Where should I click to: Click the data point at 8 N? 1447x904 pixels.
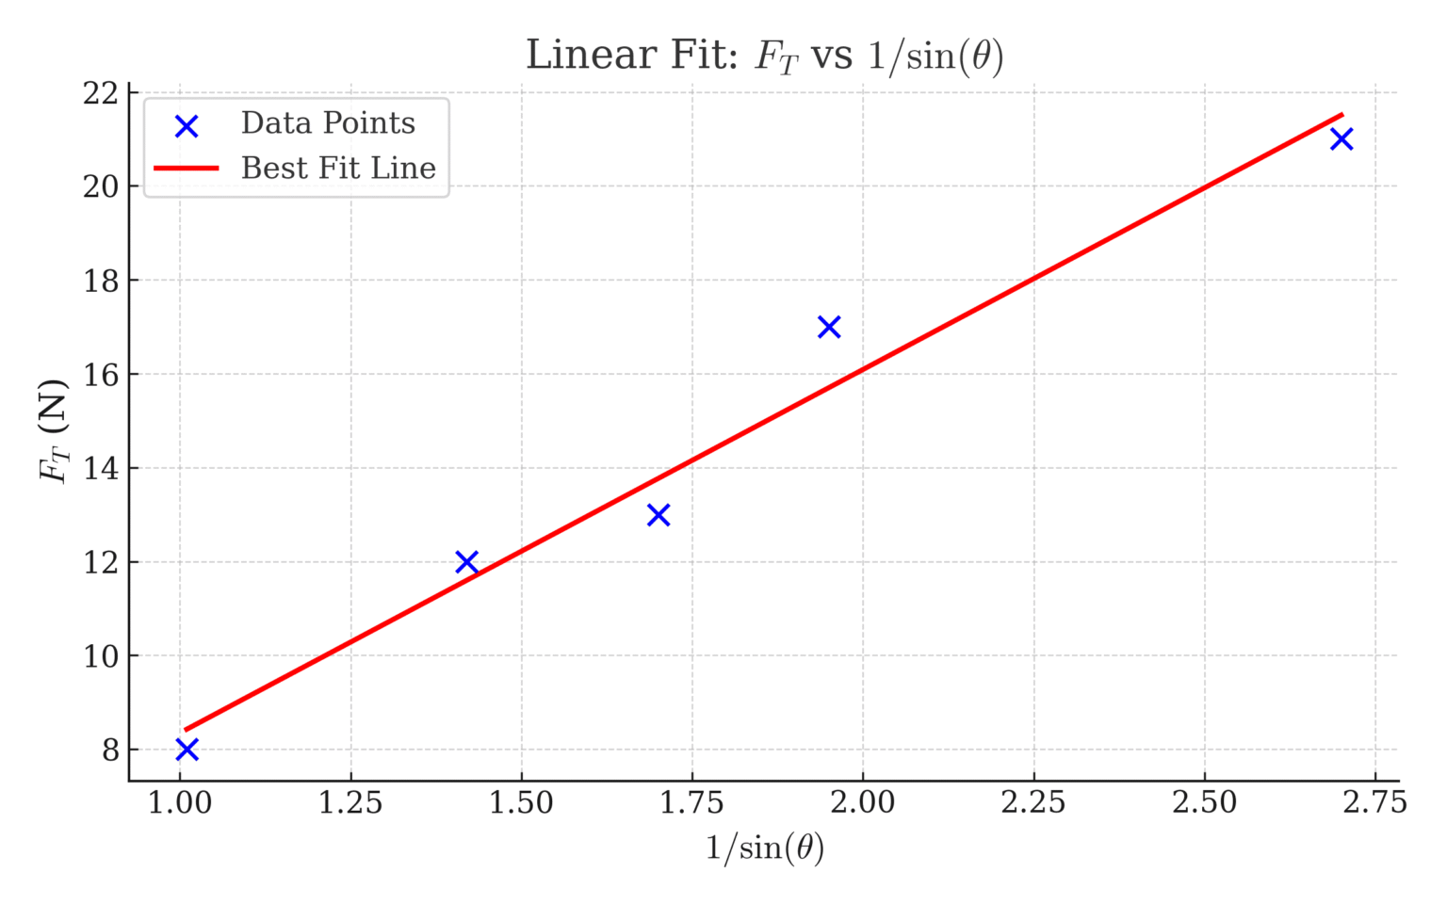click(x=187, y=750)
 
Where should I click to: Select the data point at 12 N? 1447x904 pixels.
click(x=466, y=562)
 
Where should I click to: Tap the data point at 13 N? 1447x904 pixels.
click(x=658, y=515)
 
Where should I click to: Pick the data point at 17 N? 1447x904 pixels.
click(x=829, y=327)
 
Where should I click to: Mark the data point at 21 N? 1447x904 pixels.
click(x=1341, y=139)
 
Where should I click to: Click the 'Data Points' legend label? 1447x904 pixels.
click(x=327, y=123)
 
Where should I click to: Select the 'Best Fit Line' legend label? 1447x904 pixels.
click(x=338, y=169)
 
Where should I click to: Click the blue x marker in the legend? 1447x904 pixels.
click(x=187, y=126)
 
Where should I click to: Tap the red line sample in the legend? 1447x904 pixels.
click(x=187, y=169)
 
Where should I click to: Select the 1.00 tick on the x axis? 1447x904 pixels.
click(x=180, y=802)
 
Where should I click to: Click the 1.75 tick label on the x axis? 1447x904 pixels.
click(x=692, y=802)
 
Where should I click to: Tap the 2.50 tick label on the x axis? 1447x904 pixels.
click(x=1204, y=802)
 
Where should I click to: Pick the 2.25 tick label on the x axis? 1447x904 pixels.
click(x=1033, y=802)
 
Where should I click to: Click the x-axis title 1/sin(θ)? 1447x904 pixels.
click(x=764, y=848)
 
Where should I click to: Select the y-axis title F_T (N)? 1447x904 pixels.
click(x=54, y=431)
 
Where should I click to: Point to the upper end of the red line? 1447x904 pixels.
click(x=1341, y=115)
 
